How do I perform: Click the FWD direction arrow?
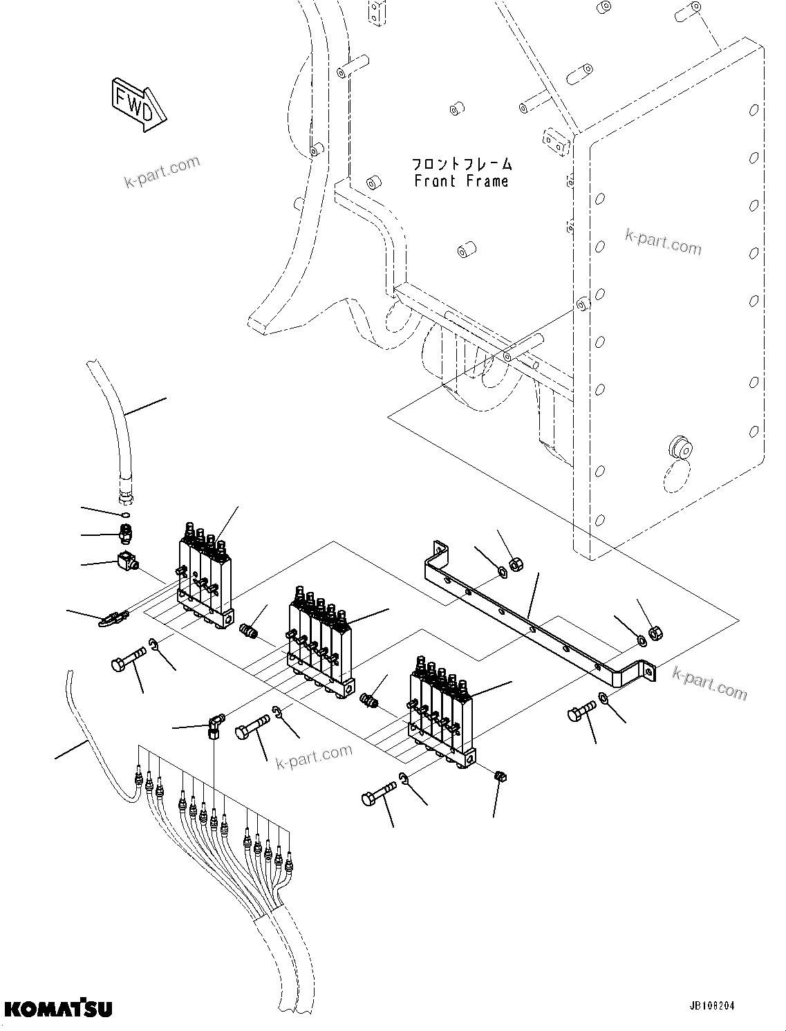click(x=138, y=104)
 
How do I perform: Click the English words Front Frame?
click(x=461, y=181)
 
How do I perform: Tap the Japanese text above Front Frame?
click(x=462, y=164)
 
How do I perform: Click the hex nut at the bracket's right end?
click(x=658, y=633)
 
